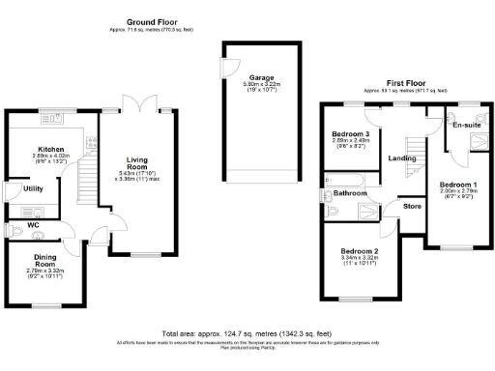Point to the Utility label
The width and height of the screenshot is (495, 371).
coord(32,189)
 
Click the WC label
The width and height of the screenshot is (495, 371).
coord(34,225)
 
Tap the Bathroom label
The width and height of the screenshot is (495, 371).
coord(351,193)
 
